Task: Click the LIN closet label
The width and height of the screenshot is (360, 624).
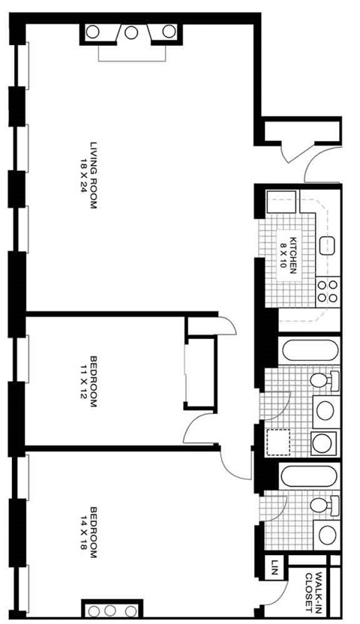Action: [x=275, y=564]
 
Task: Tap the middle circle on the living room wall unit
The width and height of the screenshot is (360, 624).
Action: [x=131, y=32]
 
